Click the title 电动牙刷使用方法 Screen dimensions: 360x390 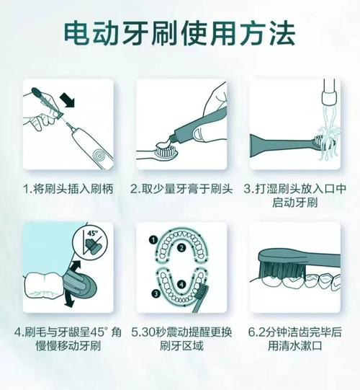pos(179,35)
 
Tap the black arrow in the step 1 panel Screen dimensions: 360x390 pos(67,99)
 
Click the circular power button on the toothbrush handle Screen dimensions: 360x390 pos(99,156)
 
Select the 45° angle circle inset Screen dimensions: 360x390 pos(90,242)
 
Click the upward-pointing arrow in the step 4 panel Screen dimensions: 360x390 pos(76,268)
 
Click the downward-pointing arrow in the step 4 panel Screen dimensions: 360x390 pos(69,298)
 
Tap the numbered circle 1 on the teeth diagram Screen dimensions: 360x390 pos(153,240)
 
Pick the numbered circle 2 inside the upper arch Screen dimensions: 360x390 pos(181,248)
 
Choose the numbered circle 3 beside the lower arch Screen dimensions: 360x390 pos(156,293)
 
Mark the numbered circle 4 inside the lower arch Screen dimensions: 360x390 pos(181,284)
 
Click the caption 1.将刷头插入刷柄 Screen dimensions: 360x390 pos(68,189)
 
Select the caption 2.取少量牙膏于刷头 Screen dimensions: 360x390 pos(181,189)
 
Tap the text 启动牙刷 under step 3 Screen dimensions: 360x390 pos(295,203)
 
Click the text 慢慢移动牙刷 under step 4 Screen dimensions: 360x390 pos(68,346)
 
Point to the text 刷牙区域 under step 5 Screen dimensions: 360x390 pos(181,346)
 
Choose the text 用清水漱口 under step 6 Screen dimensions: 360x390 pos(295,346)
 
